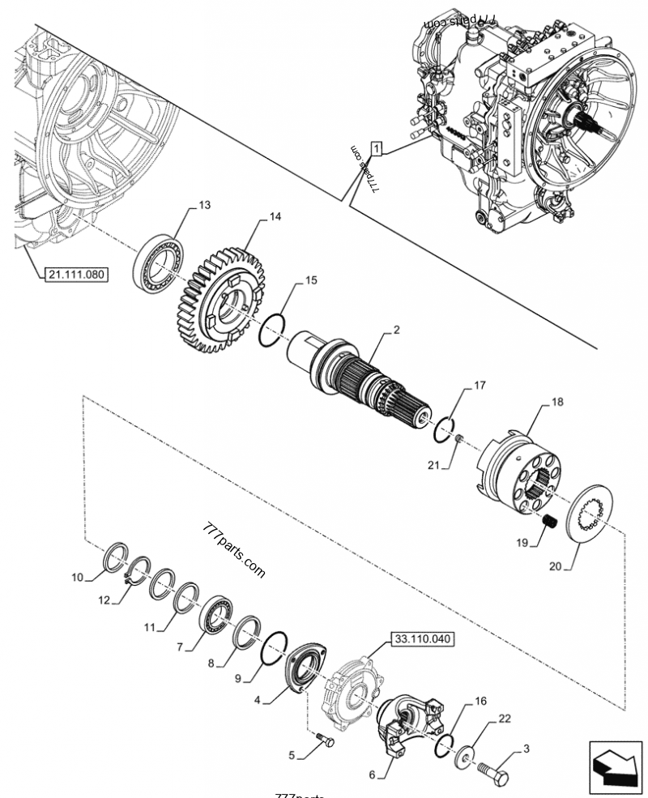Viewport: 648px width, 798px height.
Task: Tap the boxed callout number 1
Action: click(x=377, y=148)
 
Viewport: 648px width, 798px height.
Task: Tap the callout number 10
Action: click(x=77, y=578)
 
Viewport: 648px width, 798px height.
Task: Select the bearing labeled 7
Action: click(x=216, y=613)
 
